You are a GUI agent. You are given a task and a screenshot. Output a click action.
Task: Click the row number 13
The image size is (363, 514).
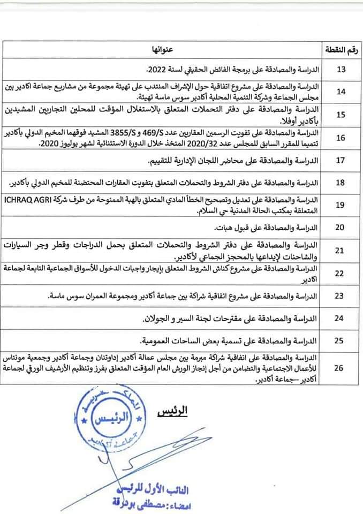(341, 70)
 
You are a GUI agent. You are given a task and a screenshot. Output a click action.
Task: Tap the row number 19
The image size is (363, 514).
(341, 203)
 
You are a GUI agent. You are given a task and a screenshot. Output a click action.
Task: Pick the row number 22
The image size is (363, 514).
(341, 273)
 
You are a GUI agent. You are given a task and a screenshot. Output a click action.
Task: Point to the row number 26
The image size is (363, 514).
(341, 368)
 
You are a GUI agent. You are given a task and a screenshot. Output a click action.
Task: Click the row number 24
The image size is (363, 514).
(341, 319)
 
